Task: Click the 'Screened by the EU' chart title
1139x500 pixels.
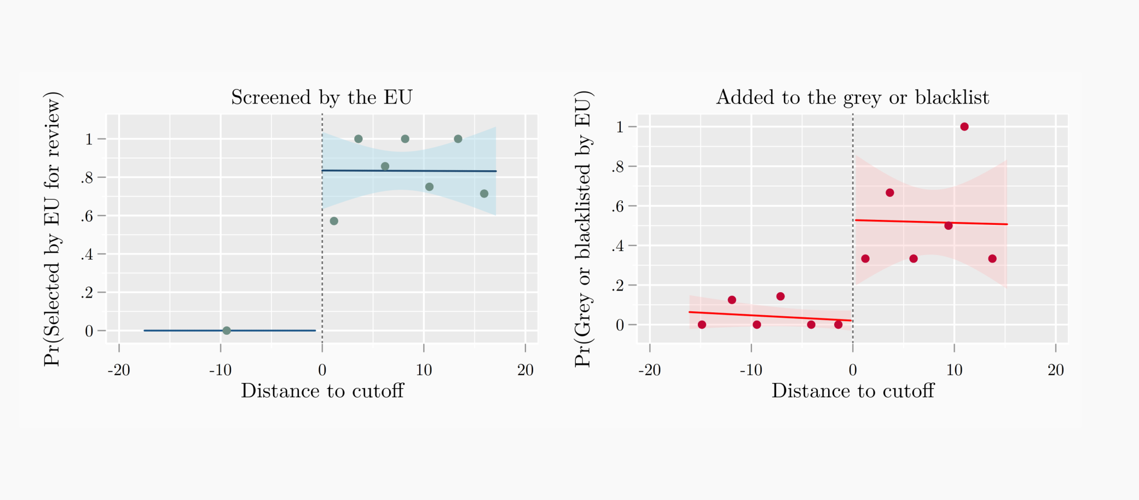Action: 321,97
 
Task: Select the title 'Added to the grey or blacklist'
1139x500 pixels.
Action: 852,97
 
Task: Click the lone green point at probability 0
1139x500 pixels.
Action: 227,330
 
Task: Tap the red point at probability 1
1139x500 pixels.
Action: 964,127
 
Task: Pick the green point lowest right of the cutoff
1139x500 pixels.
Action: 334,221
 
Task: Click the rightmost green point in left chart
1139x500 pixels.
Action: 484,194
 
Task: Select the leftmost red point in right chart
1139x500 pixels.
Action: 702,324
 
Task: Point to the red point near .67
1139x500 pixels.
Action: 890,193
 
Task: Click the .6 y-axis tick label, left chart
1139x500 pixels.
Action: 86,216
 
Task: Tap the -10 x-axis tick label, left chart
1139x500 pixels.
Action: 220,370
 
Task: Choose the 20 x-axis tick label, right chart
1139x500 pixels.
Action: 1055,370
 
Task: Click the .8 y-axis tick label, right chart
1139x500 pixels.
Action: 617,167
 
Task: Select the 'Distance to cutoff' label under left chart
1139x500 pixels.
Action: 322,391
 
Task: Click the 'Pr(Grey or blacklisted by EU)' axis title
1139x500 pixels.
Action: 583,229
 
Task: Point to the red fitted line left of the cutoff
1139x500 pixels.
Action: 766,316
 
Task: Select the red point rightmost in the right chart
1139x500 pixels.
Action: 992,259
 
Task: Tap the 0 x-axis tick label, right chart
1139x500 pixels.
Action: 853,370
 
